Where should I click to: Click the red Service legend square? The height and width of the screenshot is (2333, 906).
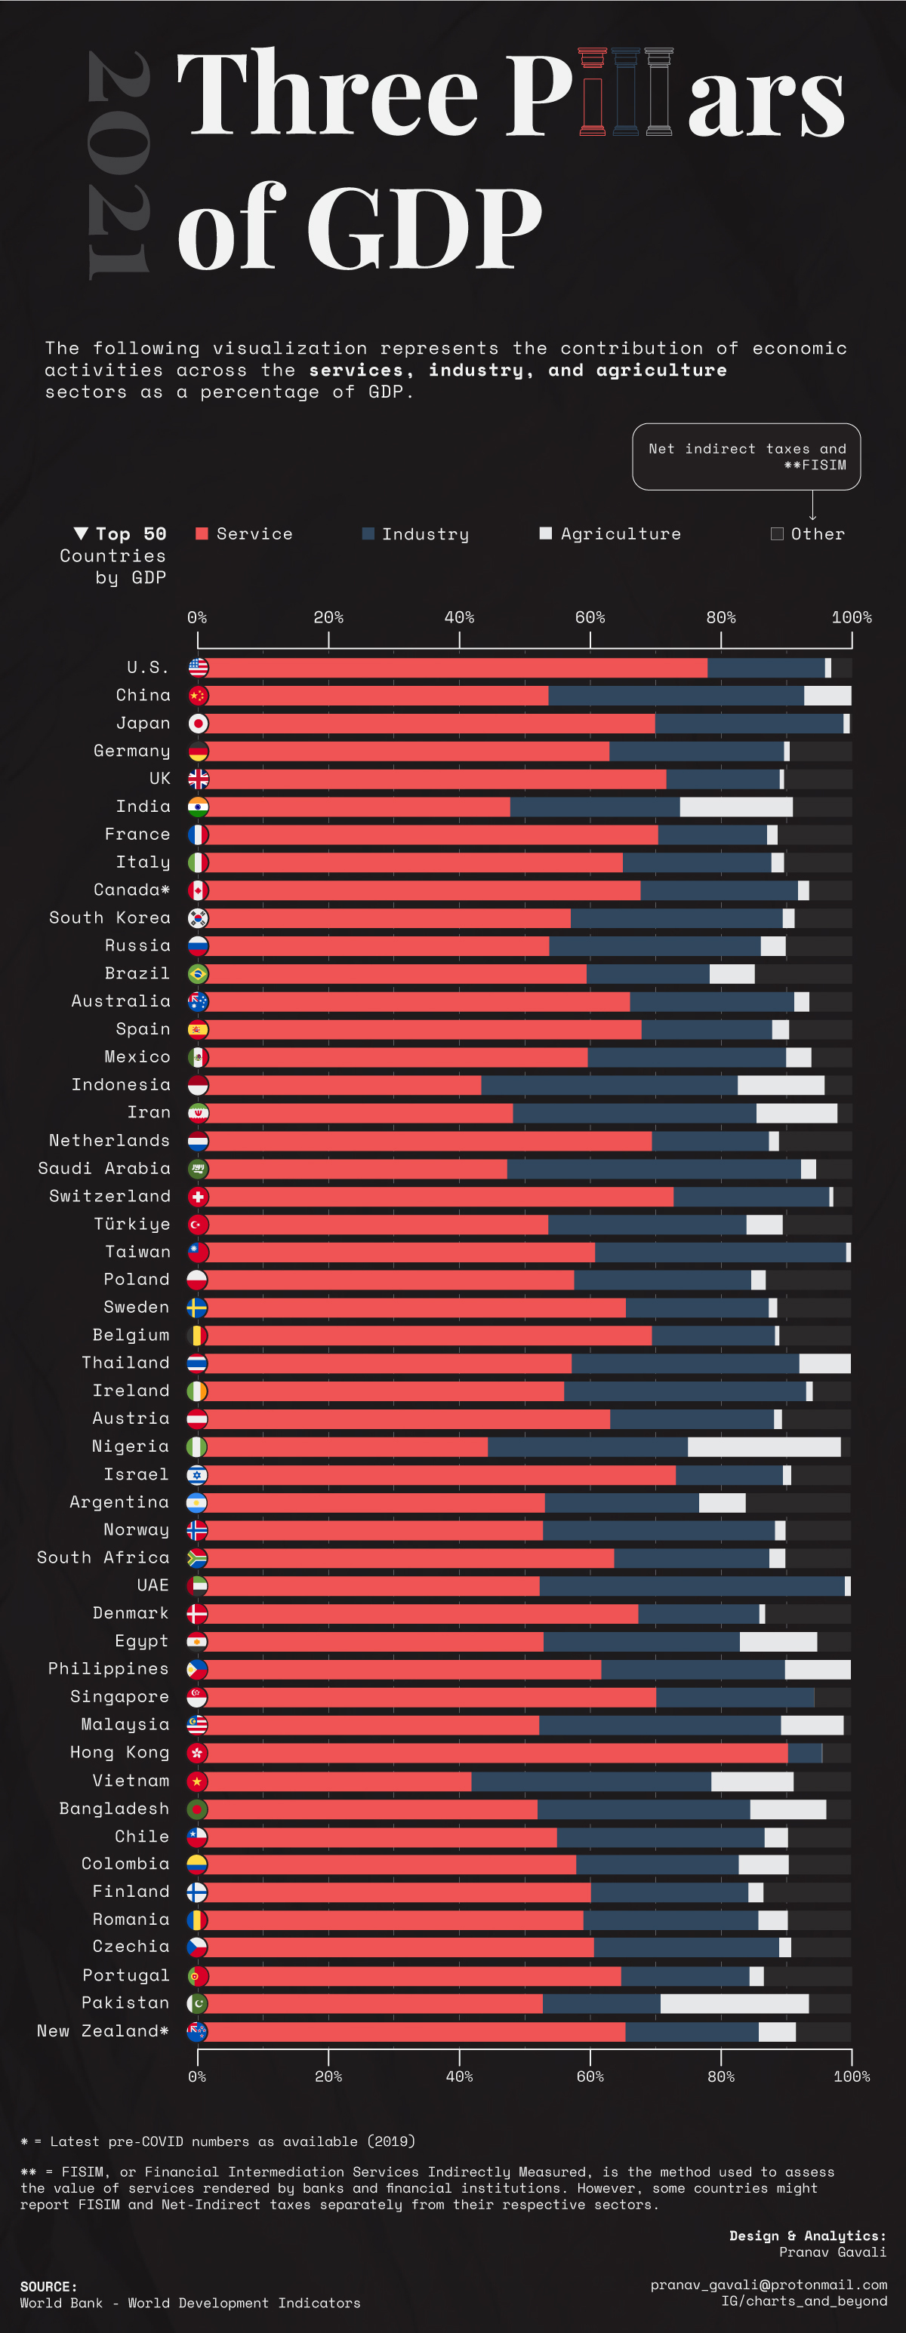pyautogui.click(x=202, y=533)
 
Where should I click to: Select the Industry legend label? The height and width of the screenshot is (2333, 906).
pyautogui.click(x=425, y=534)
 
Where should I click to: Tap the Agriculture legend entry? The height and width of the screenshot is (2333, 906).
pyautogui.click(x=620, y=534)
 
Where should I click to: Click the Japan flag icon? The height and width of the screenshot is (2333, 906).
pyautogui.click(x=199, y=724)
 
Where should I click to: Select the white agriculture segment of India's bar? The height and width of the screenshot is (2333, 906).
pyautogui.click(x=735, y=807)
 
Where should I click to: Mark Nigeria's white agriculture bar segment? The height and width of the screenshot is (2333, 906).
pyautogui.click(x=764, y=1446)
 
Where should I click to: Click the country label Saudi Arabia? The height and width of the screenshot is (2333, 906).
pyautogui.click(x=104, y=1168)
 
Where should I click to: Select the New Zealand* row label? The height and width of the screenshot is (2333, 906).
pyautogui.click(x=103, y=2030)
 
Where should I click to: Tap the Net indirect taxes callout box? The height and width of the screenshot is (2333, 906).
pyautogui.click(x=746, y=456)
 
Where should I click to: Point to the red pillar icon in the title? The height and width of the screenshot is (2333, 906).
pyautogui.click(x=593, y=91)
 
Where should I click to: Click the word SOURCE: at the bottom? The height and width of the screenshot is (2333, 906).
pyautogui.click(x=48, y=2287)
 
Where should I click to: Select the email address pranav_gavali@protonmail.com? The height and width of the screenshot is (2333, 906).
pyautogui.click(x=769, y=2285)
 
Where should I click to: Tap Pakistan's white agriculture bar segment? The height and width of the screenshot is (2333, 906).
pyautogui.click(x=734, y=2003)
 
